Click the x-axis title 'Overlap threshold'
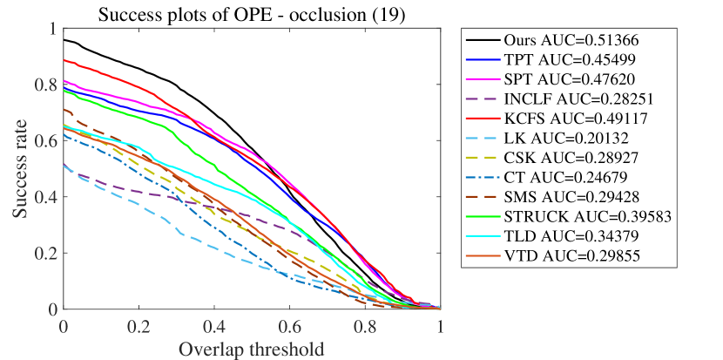point(252,350)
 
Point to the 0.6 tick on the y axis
point(44,140)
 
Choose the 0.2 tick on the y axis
point(44,253)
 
